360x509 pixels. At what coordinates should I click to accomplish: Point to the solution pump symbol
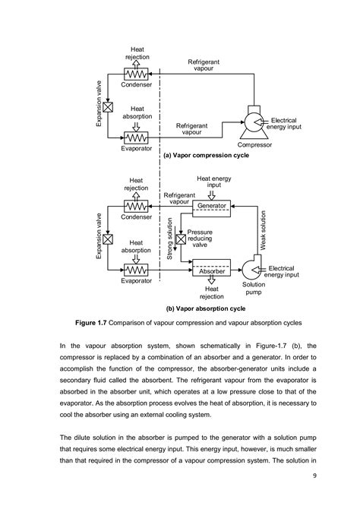251,271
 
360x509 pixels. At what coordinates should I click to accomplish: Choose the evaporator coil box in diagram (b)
137,270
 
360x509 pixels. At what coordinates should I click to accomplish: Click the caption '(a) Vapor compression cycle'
205,154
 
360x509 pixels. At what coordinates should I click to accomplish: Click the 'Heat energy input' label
215,182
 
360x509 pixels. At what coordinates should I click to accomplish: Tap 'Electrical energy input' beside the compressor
283,124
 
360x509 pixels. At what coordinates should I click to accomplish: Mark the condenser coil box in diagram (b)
137,205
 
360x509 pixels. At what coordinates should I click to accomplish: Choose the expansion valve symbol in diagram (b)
108,240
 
